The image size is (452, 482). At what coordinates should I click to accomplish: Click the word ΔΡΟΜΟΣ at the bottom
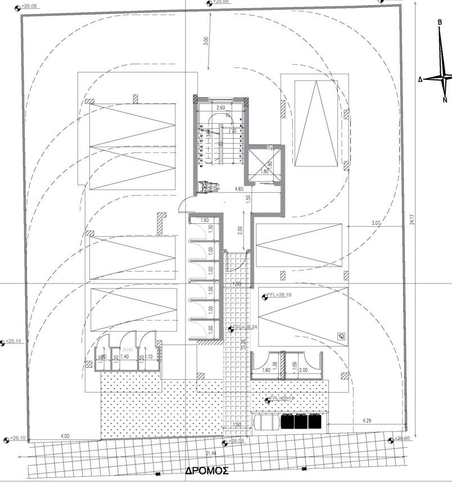(x=206, y=470)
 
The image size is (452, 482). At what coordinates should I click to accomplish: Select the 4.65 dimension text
(x=238, y=190)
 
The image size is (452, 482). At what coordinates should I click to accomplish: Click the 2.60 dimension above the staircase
(x=220, y=107)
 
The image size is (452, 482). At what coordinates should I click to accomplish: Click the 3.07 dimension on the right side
(x=377, y=223)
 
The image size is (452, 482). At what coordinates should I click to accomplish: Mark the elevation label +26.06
(x=28, y=6)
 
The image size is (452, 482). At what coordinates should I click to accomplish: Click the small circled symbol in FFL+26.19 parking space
(x=341, y=336)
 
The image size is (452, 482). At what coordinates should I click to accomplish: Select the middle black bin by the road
(x=300, y=422)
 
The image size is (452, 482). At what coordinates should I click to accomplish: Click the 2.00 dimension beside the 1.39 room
(x=304, y=370)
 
